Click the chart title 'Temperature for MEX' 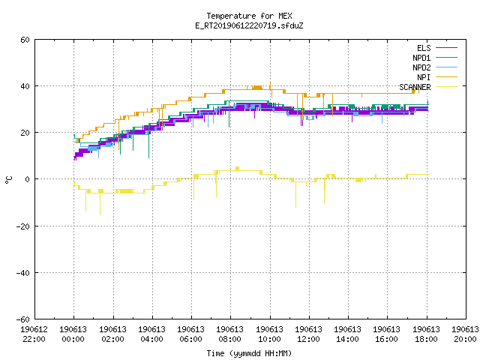tap(249, 16)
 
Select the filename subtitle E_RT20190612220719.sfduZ tap(249, 25)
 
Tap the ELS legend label tap(424, 48)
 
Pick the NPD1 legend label tap(421, 58)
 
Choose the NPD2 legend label tap(421, 67)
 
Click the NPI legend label tap(424, 77)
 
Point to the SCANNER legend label tap(415, 87)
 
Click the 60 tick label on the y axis tap(25, 40)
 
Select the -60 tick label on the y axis tap(23, 319)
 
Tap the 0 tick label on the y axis tap(28, 179)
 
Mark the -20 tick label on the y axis tap(23, 226)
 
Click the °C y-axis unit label tap(8, 180)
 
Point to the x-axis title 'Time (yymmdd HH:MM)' tap(249, 353)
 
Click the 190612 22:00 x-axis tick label tap(34, 334)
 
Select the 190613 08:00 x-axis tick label tap(230, 334)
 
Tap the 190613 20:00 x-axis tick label tap(465, 334)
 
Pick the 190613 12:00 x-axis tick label tap(308, 334)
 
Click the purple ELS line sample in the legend tap(447, 48)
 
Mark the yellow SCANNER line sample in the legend tap(447, 87)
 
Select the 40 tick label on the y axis tap(25, 86)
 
